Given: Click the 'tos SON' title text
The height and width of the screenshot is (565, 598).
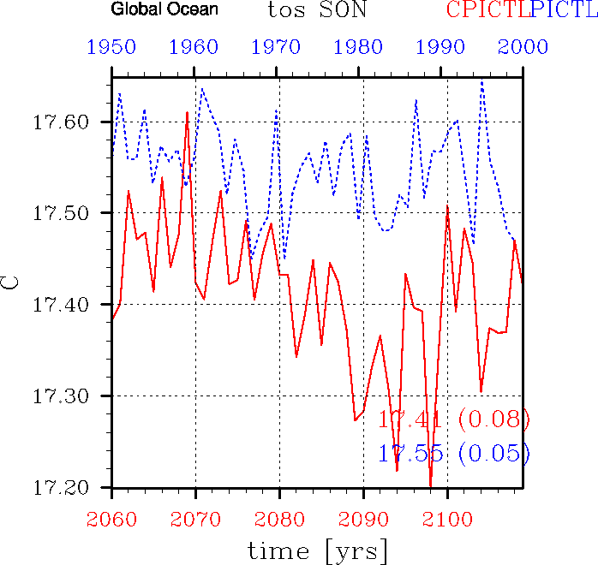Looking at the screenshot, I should [316, 10].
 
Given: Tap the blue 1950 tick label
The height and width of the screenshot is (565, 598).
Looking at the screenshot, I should [111, 47].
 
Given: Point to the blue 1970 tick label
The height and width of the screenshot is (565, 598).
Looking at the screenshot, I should [278, 47].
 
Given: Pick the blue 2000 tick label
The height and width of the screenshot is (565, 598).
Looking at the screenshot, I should [523, 47].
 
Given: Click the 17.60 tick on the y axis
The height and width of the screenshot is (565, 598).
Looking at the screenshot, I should [62, 122].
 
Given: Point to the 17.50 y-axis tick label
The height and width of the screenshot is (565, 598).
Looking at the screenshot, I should [62, 213].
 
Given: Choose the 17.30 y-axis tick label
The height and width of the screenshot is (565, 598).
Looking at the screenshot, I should [62, 396].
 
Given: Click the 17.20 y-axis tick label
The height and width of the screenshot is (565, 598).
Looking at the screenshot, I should [62, 488].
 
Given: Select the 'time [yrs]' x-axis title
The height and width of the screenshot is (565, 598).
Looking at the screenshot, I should [317, 550].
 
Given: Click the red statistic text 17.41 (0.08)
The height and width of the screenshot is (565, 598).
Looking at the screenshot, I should [454, 419].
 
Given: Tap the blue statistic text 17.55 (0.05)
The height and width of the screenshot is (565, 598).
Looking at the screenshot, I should [454, 454].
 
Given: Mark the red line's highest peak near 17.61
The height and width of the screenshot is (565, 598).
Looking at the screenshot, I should [187, 112].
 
